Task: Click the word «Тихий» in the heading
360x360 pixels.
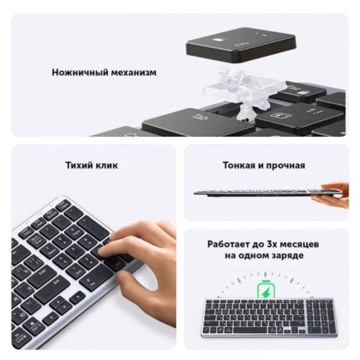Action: tap(78, 165)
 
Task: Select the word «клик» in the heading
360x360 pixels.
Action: tap(107, 165)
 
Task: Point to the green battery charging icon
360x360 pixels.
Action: tap(264, 291)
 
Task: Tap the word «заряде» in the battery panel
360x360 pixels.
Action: tap(286, 256)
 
